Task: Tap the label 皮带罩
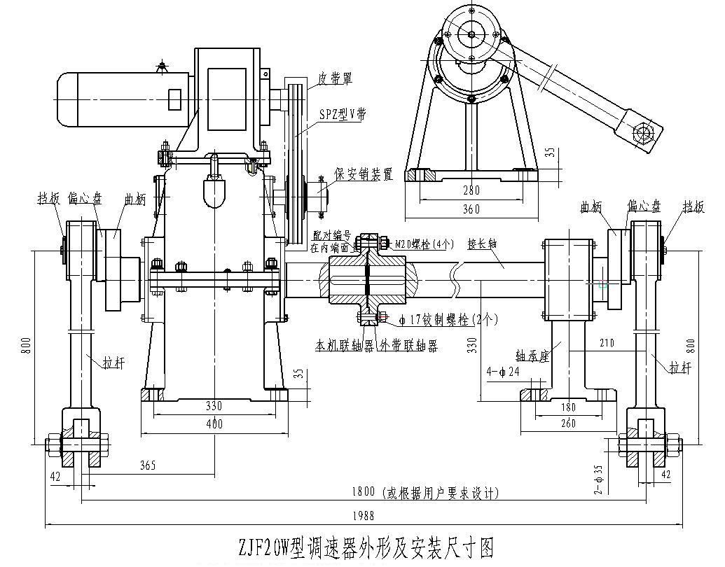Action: [335, 78]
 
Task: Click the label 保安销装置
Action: [364, 174]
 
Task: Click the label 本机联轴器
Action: [343, 345]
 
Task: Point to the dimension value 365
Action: [147, 464]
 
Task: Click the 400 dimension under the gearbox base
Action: [214, 423]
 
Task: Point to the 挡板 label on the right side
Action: [693, 206]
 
